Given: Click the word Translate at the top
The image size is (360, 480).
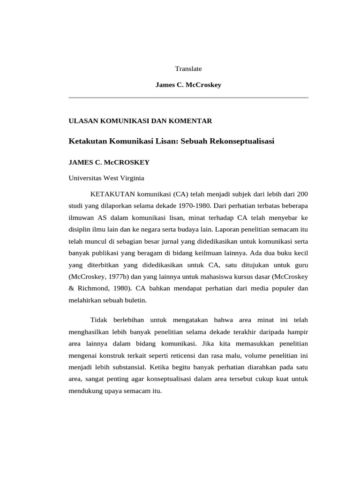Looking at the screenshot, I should [188, 68].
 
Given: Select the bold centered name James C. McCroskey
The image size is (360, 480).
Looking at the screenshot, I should [188, 85].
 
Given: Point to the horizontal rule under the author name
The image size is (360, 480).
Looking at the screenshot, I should [188, 97].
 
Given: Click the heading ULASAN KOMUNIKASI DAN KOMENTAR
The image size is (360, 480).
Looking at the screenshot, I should [141, 121].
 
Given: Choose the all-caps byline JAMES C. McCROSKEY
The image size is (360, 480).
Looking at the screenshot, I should [109, 162].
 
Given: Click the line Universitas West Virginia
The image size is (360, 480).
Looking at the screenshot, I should [107, 178].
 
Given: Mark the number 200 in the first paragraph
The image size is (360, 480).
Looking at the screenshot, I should [302, 194].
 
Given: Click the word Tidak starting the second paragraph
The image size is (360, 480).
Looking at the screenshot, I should [99, 320].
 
